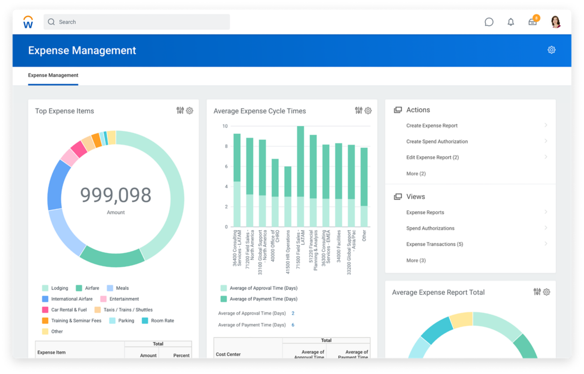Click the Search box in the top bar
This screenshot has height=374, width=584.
click(x=136, y=22)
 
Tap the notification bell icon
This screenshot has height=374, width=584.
click(x=511, y=22)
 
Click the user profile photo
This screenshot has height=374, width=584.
click(x=556, y=22)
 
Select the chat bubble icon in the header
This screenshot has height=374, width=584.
click(x=489, y=22)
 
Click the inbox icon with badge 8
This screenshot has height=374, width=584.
click(x=533, y=22)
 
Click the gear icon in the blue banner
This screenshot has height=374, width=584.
click(x=551, y=50)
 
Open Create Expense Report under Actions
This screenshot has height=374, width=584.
click(x=432, y=126)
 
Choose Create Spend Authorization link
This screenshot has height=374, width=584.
click(x=437, y=142)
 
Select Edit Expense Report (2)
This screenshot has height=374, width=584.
click(x=433, y=157)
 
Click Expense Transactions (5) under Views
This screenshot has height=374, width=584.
click(x=434, y=244)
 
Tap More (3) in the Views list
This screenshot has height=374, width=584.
click(x=416, y=260)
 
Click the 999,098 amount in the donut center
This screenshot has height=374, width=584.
click(x=116, y=195)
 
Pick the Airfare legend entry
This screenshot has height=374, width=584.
click(x=92, y=288)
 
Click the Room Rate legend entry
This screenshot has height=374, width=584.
click(x=162, y=321)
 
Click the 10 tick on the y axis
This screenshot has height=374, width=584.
click(x=225, y=126)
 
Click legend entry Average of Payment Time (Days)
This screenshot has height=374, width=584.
click(x=263, y=299)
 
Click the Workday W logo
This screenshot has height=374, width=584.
click(x=28, y=22)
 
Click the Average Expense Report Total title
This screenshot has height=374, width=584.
click(x=438, y=292)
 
